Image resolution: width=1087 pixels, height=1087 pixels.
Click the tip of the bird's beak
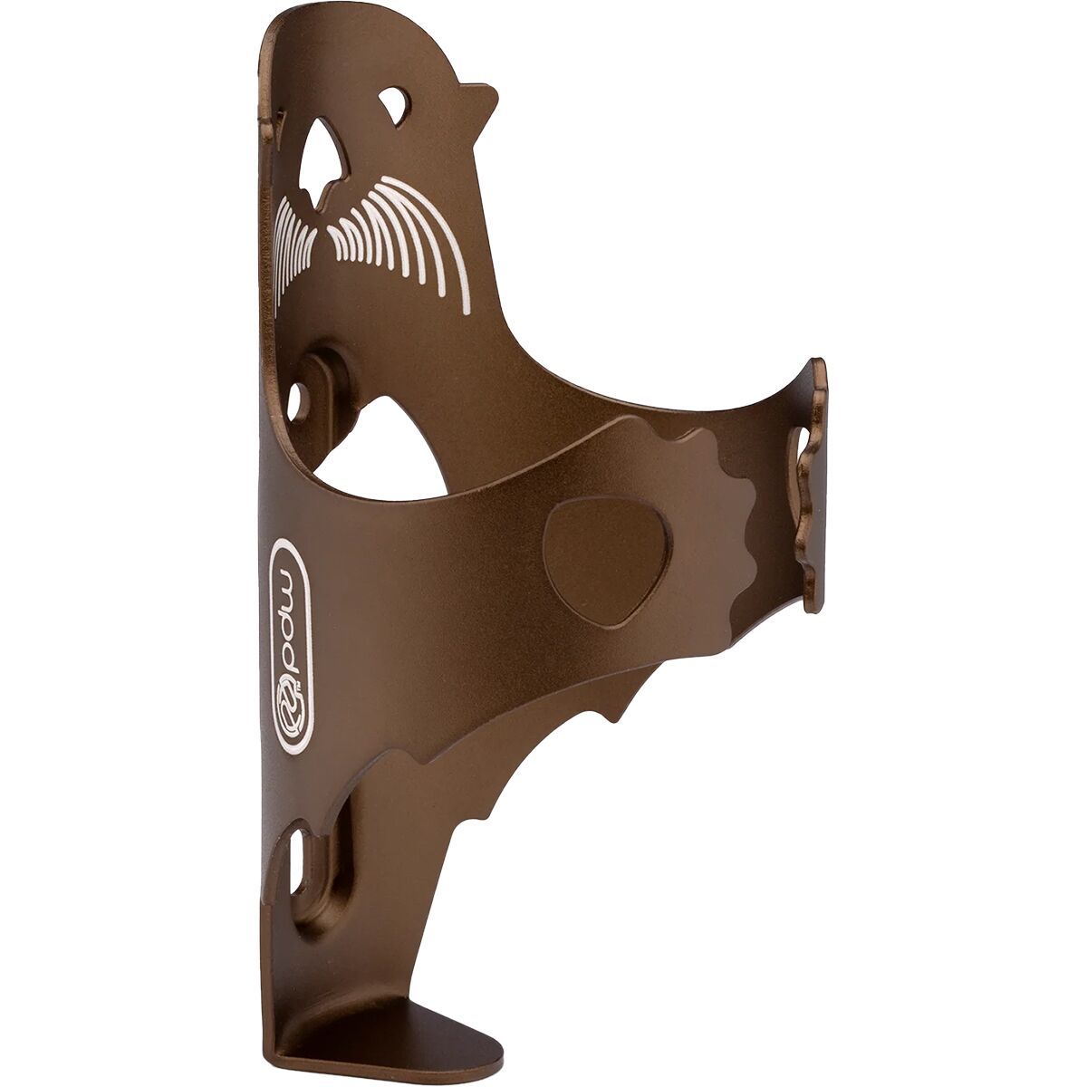[497, 93]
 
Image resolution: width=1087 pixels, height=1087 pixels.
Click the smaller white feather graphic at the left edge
[291, 245]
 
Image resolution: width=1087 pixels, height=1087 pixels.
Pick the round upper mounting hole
[296, 399]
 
